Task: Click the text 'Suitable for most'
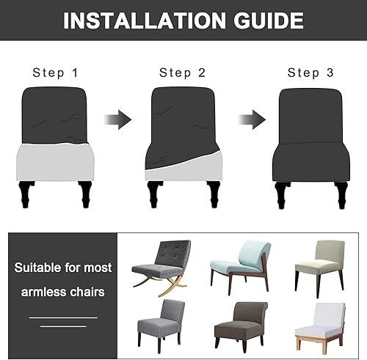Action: coord(62,266)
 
